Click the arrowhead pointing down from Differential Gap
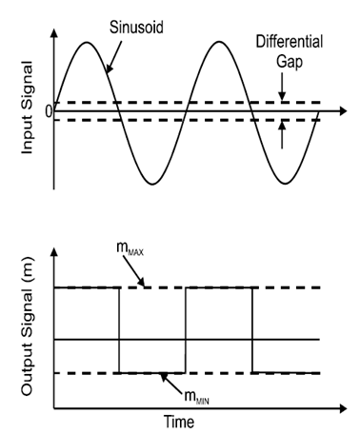pos(282,96)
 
